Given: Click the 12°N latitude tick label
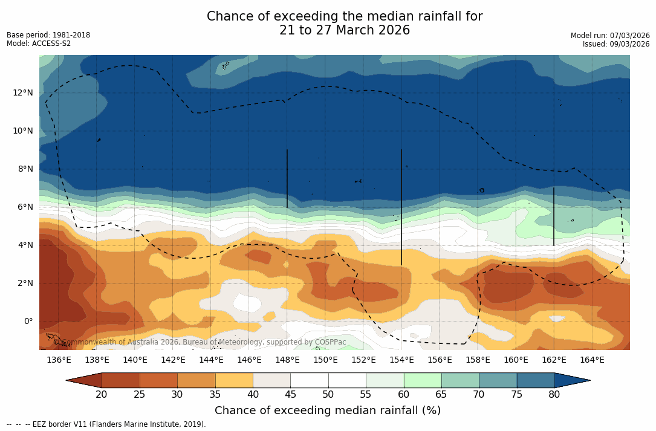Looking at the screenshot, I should (x=22, y=92).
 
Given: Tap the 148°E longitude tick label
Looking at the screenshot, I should (x=287, y=360).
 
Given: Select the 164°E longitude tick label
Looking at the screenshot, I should (x=592, y=360).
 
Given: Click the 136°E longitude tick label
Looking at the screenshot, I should (x=59, y=360).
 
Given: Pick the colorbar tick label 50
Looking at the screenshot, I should (x=328, y=395).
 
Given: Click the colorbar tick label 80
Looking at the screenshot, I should (x=554, y=395).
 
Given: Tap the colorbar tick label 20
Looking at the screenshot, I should (x=102, y=395).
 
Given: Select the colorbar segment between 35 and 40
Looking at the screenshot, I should (x=234, y=380).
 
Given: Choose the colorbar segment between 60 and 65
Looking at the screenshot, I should (x=423, y=380).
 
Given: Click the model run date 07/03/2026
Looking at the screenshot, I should (x=629, y=36).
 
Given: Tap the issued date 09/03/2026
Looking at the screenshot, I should (x=629, y=44).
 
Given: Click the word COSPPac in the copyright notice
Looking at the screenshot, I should (x=330, y=342).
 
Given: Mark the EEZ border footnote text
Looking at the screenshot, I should (x=106, y=424).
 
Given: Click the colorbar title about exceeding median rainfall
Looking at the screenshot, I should (x=328, y=411).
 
